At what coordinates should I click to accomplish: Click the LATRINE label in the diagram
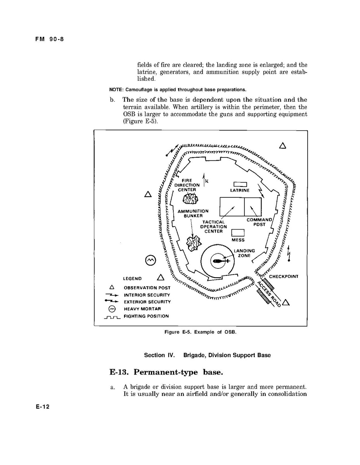tap(240, 190)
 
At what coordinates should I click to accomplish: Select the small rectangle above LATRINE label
tap(241, 184)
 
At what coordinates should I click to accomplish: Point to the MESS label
tap(238, 240)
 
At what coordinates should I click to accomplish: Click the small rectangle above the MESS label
tap(238, 233)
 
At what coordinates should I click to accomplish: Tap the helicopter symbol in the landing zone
tap(218, 261)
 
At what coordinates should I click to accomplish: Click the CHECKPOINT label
tap(284, 277)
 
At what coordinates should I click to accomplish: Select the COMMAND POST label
tap(260, 222)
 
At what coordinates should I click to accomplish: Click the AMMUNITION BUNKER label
tap(193, 213)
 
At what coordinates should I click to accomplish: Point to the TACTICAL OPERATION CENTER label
tap(213, 227)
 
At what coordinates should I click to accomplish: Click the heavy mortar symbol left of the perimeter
tap(150, 260)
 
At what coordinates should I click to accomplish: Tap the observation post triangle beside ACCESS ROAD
tap(287, 303)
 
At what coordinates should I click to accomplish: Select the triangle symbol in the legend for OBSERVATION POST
tap(112, 287)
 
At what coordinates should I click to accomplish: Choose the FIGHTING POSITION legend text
tap(146, 316)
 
